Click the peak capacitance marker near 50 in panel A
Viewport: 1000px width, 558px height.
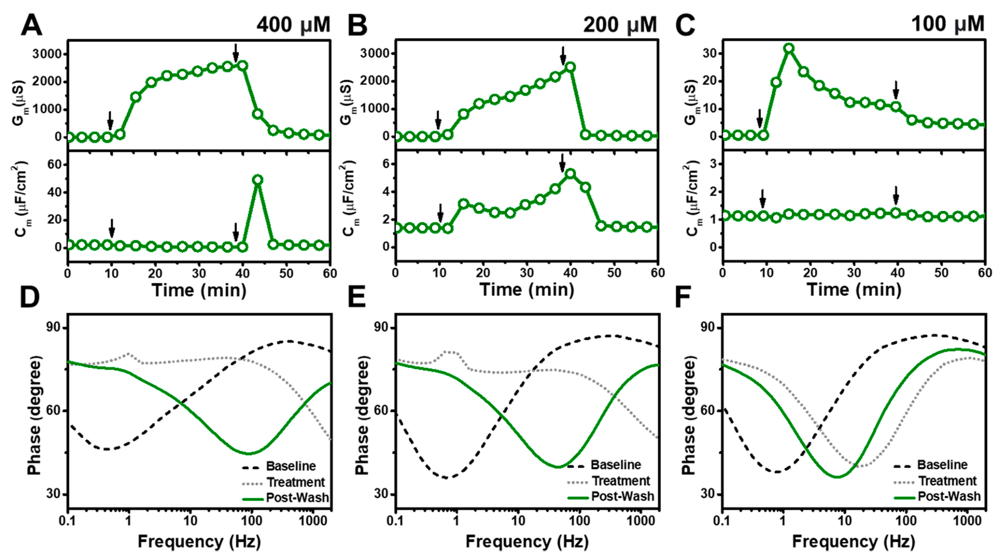(257, 180)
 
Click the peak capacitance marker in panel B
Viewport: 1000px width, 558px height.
(570, 174)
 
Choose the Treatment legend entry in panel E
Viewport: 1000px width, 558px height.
(620, 481)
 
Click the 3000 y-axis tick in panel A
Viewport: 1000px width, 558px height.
(47, 54)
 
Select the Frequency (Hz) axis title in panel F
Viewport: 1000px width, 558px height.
(853, 541)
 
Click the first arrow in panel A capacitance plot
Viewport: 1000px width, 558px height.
(112, 228)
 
